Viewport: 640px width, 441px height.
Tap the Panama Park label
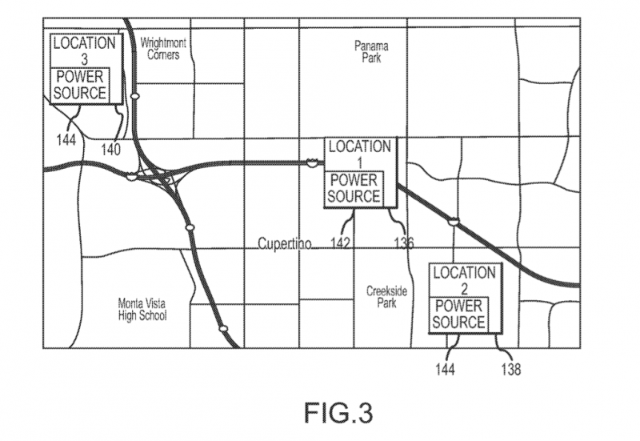pyautogui.click(x=371, y=52)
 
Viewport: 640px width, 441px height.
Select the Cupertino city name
pyautogui.click(x=284, y=243)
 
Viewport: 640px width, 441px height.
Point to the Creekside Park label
pyautogui.click(x=383, y=298)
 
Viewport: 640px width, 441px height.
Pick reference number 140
pyautogui.click(x=110, y=148)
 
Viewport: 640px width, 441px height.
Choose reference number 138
pyautogui.click(x=510, y=369)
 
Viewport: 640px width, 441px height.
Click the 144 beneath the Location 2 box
pyautogui.click(x=445, y=369)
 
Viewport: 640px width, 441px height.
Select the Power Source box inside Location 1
pyautogui.click(x=354, y=187)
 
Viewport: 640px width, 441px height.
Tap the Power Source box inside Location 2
pyautogui.click(x=458, y=314)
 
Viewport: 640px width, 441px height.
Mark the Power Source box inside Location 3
pyautogui.click(x=80, y=84)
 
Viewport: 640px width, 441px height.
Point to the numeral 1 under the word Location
pyautogui.click(x=359, y=162)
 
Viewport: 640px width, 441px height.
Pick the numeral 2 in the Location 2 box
pyautogui.click(x=464, y=287)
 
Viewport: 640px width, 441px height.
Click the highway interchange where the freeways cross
pyautogui.click(x=160, y=177)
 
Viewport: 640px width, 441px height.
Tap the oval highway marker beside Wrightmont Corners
pyautogui.click(x=136, y=96)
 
